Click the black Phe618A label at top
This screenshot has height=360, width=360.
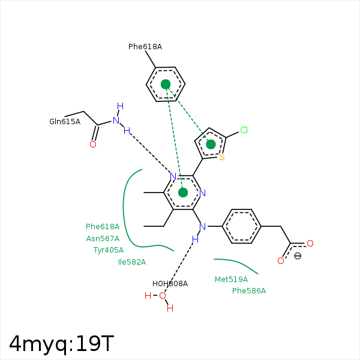[145, 47]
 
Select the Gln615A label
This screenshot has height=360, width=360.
[64, 122]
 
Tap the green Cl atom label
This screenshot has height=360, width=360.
[244, 130]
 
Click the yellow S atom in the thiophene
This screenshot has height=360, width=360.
[221, 158]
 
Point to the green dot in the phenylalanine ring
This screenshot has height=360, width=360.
[166, 84]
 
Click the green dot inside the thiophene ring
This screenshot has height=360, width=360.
[211, 144]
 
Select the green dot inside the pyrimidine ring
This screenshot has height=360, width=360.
[183, 192]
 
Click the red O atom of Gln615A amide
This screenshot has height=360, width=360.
[92, 145]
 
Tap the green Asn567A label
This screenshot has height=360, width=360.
[103, 238]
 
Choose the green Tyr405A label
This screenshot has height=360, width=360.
[108, 250]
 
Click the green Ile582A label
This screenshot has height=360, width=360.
[131, 262]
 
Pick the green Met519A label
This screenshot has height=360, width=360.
[231, 280]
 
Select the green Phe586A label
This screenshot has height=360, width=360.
[248, 291]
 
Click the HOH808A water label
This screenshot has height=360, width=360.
[170, 284]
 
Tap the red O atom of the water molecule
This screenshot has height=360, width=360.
[162, 295]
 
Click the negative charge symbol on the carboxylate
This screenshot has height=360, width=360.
[298, 256]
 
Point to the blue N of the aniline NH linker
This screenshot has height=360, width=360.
[202, 227]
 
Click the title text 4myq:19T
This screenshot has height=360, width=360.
[61, 343]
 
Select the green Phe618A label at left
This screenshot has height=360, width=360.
[102, 227]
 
